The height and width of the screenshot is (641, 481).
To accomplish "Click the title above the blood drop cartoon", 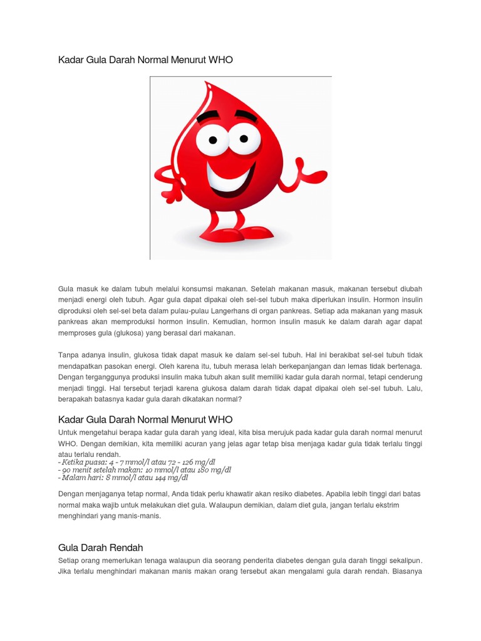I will tap(145, 59).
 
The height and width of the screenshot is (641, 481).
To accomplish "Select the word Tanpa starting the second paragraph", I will tap(70, 355).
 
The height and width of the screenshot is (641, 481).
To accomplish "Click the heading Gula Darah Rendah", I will tap(100, 548).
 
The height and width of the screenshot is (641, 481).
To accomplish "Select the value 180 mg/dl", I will tap(213, 469).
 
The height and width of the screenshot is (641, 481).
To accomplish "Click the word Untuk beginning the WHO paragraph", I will tap(68, 433).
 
